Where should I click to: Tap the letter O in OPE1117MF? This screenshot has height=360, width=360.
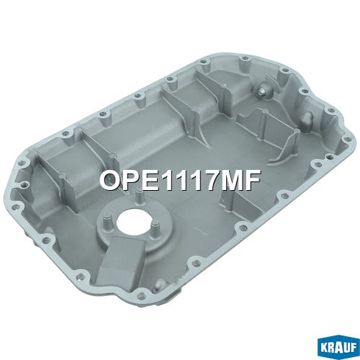pyautogui.click(x=111, y=180)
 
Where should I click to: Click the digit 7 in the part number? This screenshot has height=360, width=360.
pyautogui.click(x=209, y=180)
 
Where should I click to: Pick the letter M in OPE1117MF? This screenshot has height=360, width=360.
pyautogui.click(x=231, y=180)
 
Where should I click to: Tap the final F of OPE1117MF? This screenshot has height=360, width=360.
pyautogui.click(x=253, y=180)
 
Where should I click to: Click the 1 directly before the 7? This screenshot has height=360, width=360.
pyautogui.click(x=194, y=180)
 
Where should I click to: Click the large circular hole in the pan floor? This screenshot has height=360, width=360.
pyautogui.click(x=134, y=222)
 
